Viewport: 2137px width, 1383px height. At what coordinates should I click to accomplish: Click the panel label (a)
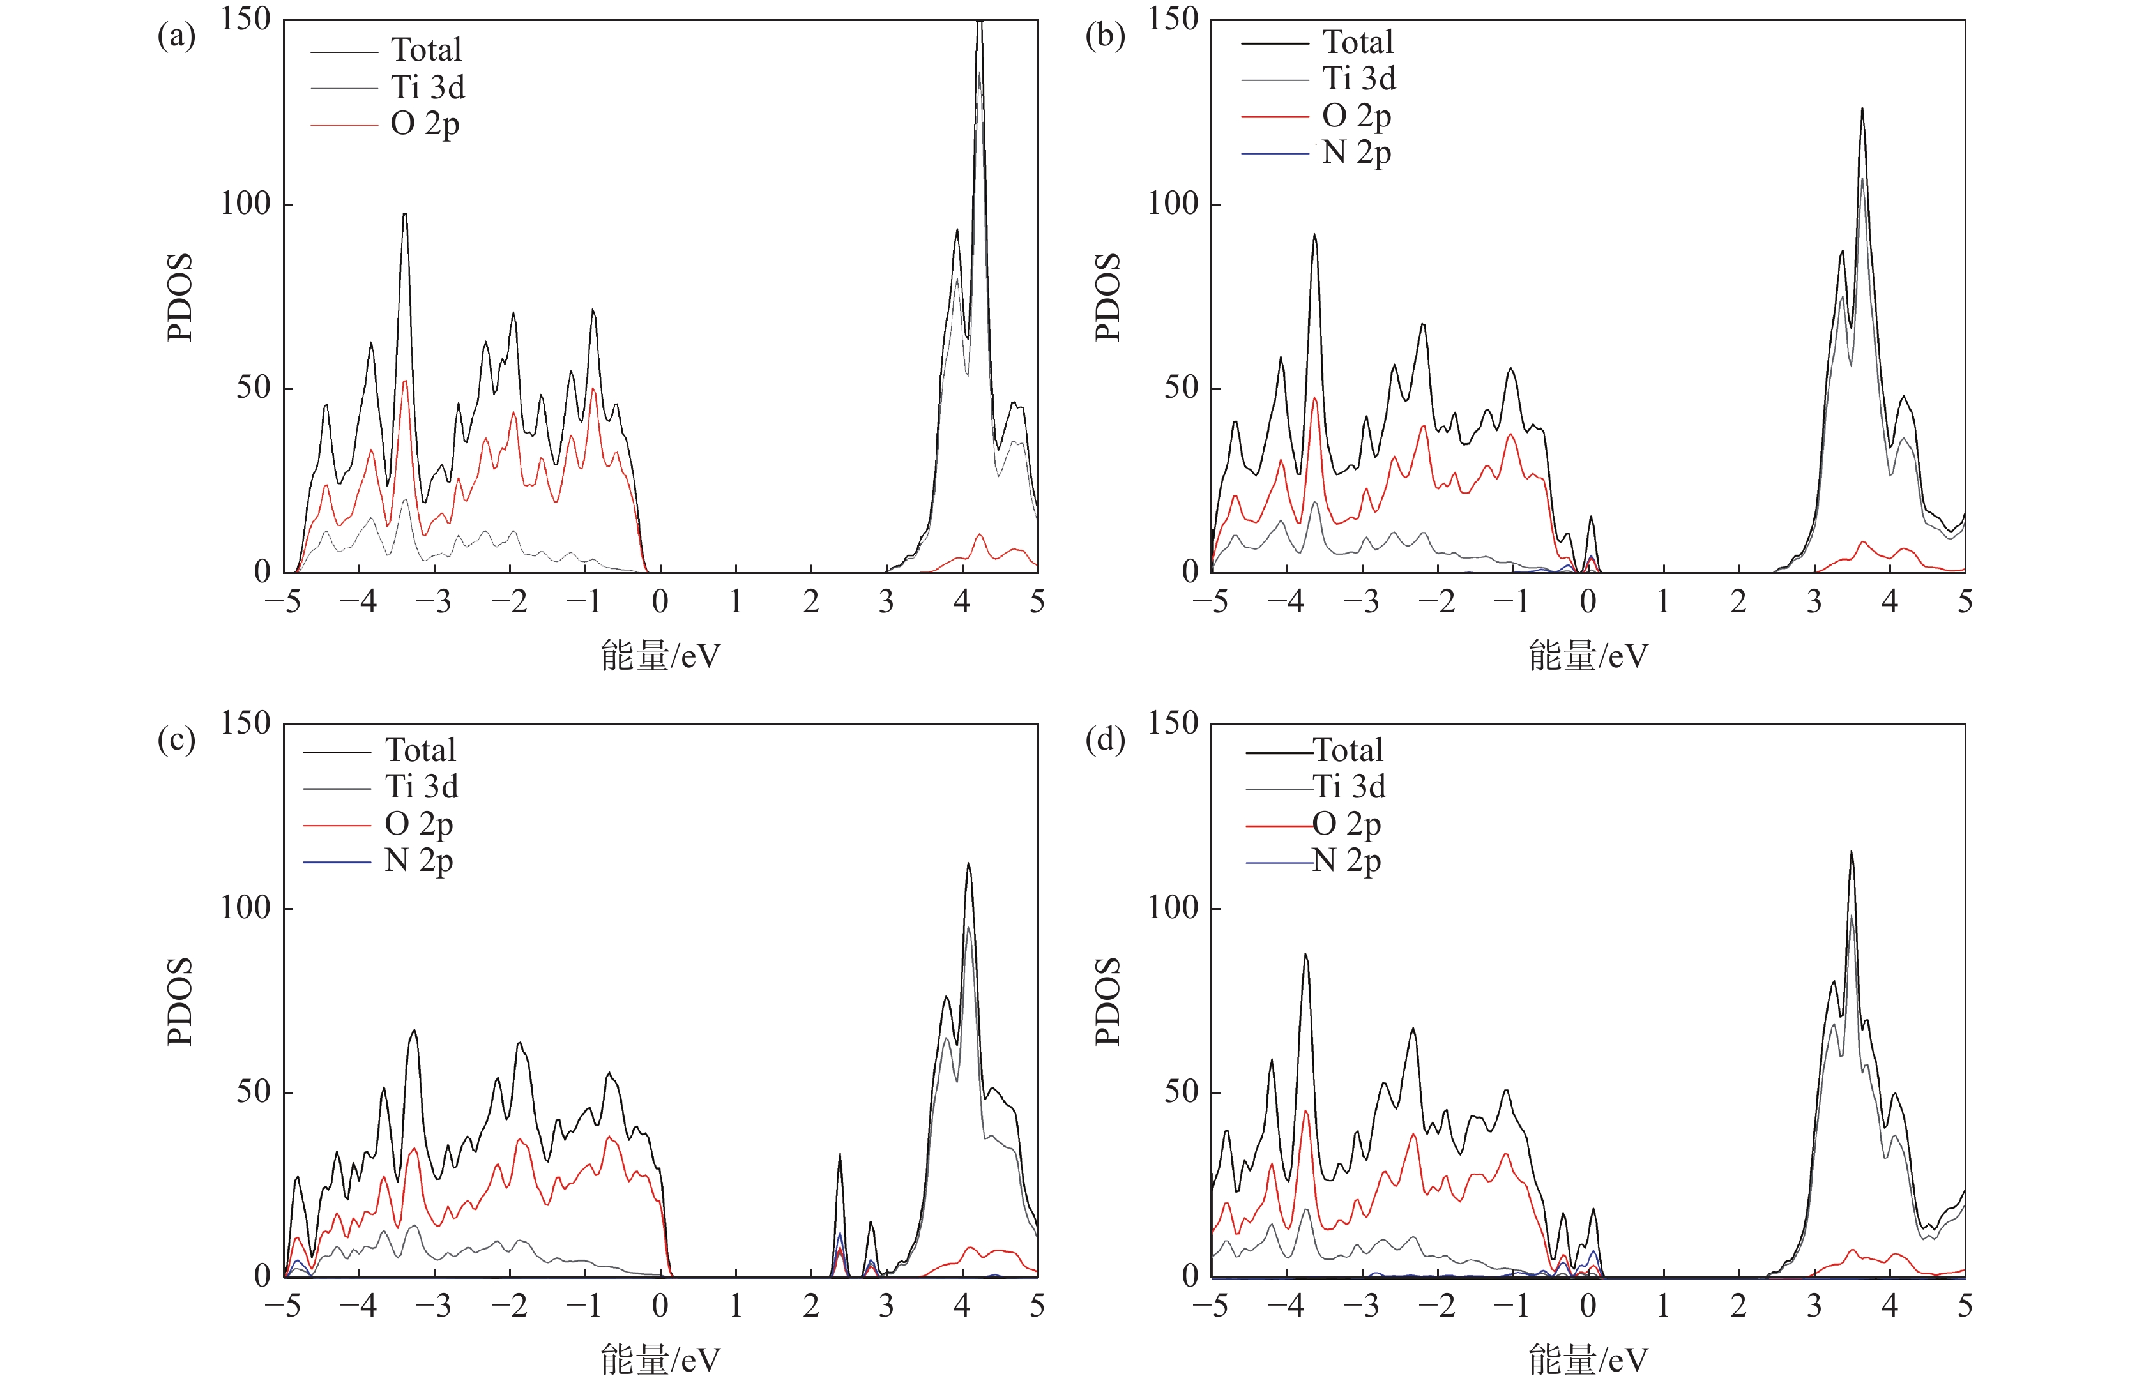click(x=176, y=37)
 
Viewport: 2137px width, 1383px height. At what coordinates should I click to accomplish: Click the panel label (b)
click(x=1104, y=37)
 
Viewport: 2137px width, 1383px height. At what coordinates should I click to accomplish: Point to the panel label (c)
click(x=176, y=741)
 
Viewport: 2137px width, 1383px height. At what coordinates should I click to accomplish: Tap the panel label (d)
click(x=1104, y=741)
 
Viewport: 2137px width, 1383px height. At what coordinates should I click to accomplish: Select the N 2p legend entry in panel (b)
click(x=1356, y=153)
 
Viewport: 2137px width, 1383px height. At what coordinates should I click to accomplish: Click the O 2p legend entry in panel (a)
click(x=425, y=124)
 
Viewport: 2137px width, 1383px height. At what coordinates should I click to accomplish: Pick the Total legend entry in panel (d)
click(x=1347, y=750)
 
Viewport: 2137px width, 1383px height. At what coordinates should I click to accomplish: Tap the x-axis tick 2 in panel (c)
click(x=811, y=1307)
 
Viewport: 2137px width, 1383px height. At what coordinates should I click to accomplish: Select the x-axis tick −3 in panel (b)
click(x=1361, y=602)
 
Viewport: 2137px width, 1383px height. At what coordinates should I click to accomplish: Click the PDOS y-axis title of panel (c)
click(x=179, y=1001)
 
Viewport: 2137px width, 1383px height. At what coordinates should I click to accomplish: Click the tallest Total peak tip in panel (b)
click(x=1862, y=109)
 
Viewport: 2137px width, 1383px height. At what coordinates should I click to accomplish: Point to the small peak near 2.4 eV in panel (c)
click(x=839, y=1155)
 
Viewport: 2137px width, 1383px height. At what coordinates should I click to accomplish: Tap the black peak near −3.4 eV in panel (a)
click(x=405, y=214)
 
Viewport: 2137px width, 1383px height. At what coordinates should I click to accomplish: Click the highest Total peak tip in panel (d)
click(x=1851, y=852)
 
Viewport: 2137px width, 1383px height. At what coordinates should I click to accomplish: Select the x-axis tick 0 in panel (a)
click(x=660, y=602)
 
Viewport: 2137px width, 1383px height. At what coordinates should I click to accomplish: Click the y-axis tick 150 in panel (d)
click(x=1173, y=723)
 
